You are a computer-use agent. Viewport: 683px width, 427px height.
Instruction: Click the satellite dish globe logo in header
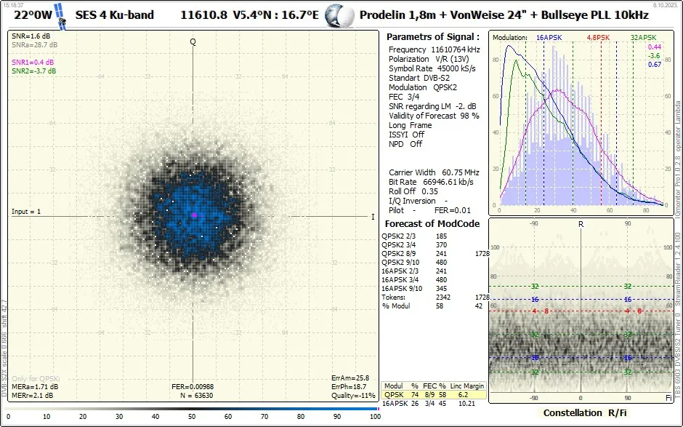[x=338, y=15]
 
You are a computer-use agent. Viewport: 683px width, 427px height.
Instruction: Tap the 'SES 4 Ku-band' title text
[x=115, y=15]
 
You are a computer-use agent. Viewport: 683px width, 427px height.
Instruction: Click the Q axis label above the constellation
[x=193, y=41]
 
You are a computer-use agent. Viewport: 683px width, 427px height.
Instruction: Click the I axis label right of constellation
[x=373, y=217]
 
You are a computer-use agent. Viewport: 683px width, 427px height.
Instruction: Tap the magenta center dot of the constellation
[x=194, y=215]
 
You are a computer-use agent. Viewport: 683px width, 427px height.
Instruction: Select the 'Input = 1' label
[x=26, y=212]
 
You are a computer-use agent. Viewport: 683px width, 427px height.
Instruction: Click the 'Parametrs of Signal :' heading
[x=432, y=36]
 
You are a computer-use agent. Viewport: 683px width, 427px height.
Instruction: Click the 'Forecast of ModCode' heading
[x=432, y=223]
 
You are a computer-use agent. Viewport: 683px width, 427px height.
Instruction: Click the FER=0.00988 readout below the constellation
[x=193, y=386]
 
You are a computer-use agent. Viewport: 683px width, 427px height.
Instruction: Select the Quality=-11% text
[x=353, y=396]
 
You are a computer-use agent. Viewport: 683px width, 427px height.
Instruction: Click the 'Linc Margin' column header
[x=467, y=386]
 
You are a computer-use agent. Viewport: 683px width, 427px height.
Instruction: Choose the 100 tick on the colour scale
[x=374, y=417]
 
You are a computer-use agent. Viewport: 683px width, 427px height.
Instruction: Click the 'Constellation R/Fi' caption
[x=580, y=413]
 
